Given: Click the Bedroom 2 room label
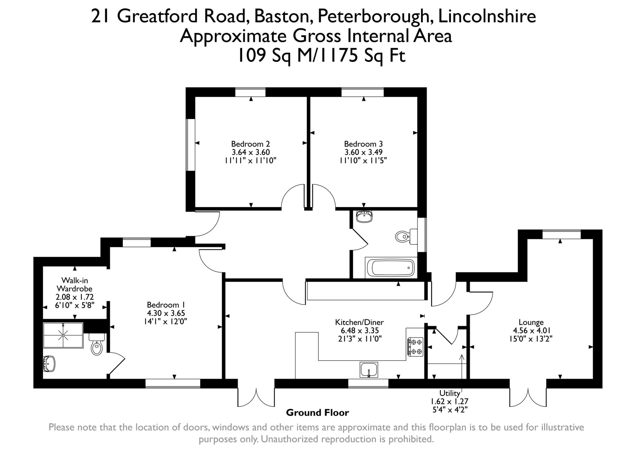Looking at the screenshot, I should (250, 144).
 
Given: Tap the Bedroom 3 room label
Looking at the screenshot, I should (363, 144).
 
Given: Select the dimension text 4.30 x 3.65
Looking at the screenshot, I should (166, 313).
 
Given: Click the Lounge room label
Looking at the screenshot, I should (531, 322).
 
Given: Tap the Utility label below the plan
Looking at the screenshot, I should (449, 393).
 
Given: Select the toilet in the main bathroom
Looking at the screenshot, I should (405, 237).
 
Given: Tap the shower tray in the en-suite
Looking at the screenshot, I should (63, 335).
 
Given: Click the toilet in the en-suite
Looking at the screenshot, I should (97, 345).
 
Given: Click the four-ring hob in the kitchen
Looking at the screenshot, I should (415, 347).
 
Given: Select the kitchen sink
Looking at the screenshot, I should (369, 370).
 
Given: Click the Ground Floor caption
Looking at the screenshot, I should (317, 413).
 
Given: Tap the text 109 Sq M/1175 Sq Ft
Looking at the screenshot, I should (321, 56).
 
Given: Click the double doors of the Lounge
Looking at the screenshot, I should (528, 397).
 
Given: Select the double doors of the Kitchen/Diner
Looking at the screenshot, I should (256, 397).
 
